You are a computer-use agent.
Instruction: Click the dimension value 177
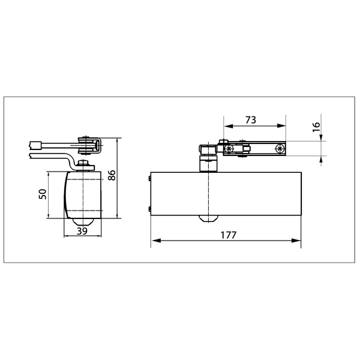pos(229,235)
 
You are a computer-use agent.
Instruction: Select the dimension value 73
pos(251,120)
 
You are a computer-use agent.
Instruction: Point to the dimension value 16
pos(316,127)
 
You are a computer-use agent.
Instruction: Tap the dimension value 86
pos(112,175)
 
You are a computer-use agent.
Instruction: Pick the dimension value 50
pos(43,194)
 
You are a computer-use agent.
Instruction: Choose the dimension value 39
pos(82,231)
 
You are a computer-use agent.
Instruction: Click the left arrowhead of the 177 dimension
pos(156,241)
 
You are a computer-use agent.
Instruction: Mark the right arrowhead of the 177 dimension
pos(296,241)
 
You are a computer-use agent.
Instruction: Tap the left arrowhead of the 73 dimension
pos(229,125)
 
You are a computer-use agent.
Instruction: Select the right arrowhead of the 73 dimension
pos(281,125)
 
